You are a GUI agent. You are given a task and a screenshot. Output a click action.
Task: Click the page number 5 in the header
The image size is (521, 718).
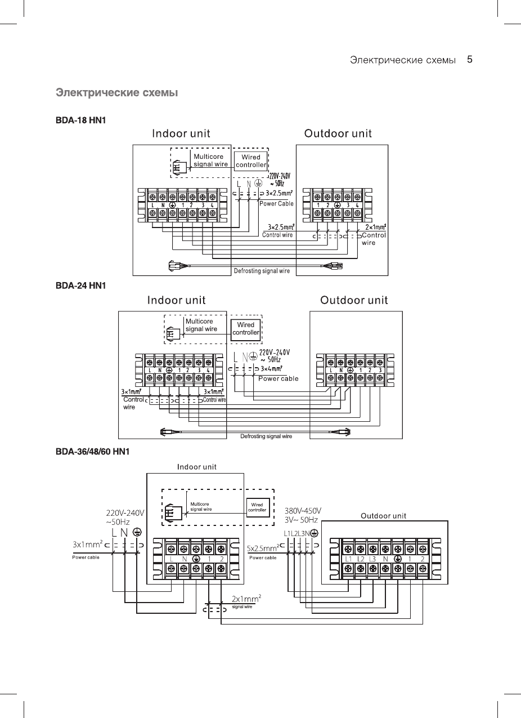click(469, 59)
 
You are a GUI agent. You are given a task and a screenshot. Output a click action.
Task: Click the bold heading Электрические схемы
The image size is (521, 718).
click(117, 92)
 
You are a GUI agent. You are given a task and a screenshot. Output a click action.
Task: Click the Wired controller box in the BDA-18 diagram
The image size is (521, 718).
click(250, 160)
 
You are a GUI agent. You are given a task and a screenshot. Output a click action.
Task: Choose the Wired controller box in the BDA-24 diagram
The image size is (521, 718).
click(246, 328)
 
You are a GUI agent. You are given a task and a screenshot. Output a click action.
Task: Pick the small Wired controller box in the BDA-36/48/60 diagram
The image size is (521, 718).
click(257, 507)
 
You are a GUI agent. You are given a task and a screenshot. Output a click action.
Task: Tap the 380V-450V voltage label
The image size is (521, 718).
click(303, 511)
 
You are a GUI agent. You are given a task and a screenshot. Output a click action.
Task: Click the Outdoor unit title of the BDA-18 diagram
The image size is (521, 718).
click(338, 133)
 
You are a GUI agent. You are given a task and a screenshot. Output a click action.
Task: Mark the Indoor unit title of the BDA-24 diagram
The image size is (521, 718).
click(176, 300)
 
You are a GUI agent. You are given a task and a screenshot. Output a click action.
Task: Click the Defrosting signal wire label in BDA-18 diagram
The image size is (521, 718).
click(262, 271)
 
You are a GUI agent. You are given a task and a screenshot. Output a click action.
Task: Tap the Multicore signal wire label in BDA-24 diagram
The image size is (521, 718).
click(201, 325)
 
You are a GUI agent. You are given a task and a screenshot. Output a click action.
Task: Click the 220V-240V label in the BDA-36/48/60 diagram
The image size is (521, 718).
click(125, 513)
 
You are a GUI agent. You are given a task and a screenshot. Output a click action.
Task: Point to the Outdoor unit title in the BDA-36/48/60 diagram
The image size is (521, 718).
click(383, 515)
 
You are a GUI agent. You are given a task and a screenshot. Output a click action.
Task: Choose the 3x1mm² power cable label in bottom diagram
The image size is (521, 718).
click(88, 545)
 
